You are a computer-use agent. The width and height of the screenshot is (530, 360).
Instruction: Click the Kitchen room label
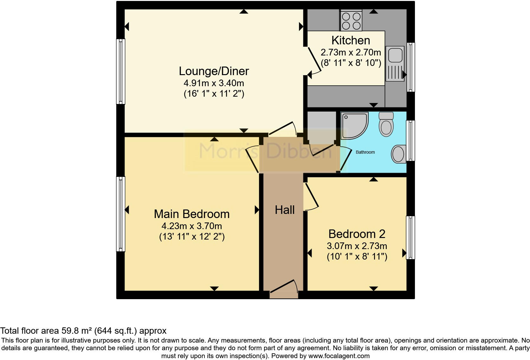(x=351, y=41)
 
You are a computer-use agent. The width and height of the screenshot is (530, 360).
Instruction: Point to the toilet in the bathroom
(x=386, y=125)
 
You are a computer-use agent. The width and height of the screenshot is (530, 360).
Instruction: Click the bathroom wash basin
(x=398, y=154)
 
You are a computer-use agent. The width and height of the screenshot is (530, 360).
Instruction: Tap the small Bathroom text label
(x=365, y=152)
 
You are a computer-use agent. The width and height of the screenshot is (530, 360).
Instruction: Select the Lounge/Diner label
(x=214, y=71)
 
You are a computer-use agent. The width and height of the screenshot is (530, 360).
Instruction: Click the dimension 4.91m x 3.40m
(x=214, y=83)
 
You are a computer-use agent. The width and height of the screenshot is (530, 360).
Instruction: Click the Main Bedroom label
(x=192, y=214)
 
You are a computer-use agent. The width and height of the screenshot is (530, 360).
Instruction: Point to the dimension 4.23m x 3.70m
(x=192, y=226)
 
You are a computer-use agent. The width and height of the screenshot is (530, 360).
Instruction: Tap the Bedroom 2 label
(x=357, y=234)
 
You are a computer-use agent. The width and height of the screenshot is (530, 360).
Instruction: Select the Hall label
(x=285, y=210)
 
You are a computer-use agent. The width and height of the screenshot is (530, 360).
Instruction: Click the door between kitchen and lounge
(x=313, y=62)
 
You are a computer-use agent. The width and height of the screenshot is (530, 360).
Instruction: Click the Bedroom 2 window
(x=410, y=238)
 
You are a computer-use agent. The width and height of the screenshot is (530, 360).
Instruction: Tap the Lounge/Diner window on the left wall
(x=121, y=71)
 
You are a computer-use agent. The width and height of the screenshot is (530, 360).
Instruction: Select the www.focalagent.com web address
(x=339, y=356)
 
